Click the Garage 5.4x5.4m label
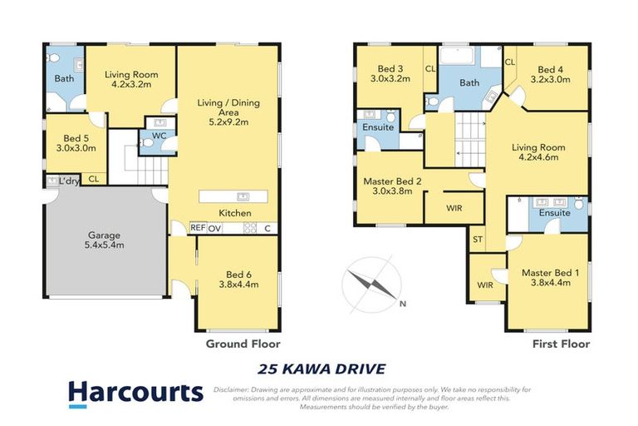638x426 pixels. point(105,240)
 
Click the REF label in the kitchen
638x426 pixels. point(198,227)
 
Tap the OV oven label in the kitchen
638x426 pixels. point(215,227)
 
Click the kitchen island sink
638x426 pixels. point(243,196)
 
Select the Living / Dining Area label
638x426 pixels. point(223,111)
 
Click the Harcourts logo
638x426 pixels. point(135,391)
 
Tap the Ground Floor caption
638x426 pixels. point(243,343)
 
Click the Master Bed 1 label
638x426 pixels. point(548,278)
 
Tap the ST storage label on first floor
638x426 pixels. point(478,240)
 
